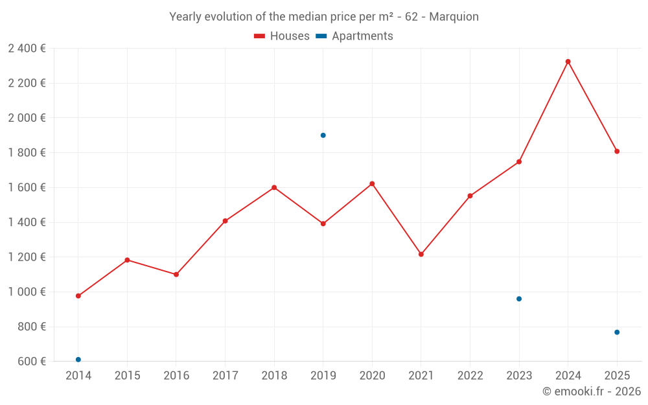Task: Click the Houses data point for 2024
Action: [568, 62]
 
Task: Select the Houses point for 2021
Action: [421, 254]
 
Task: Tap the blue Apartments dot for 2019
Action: [323, 135]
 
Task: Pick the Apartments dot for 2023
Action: [519, 299]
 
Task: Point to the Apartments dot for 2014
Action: [78, 360]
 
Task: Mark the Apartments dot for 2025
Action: [617, 332]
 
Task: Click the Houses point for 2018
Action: [274, 187]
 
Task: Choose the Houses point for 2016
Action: [176, 274]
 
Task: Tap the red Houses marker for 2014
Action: [78, 296]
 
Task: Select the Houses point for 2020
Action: [372, 183]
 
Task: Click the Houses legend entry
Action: [282, 36]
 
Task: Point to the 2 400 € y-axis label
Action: [27, 49]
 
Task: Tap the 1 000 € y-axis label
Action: [27, 292]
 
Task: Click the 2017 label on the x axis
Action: [225, 376]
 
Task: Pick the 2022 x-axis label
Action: [470, 376]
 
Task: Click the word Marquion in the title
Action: [454, 17]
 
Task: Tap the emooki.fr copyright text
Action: [592, 391]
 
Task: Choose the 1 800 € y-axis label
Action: [27, 153]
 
